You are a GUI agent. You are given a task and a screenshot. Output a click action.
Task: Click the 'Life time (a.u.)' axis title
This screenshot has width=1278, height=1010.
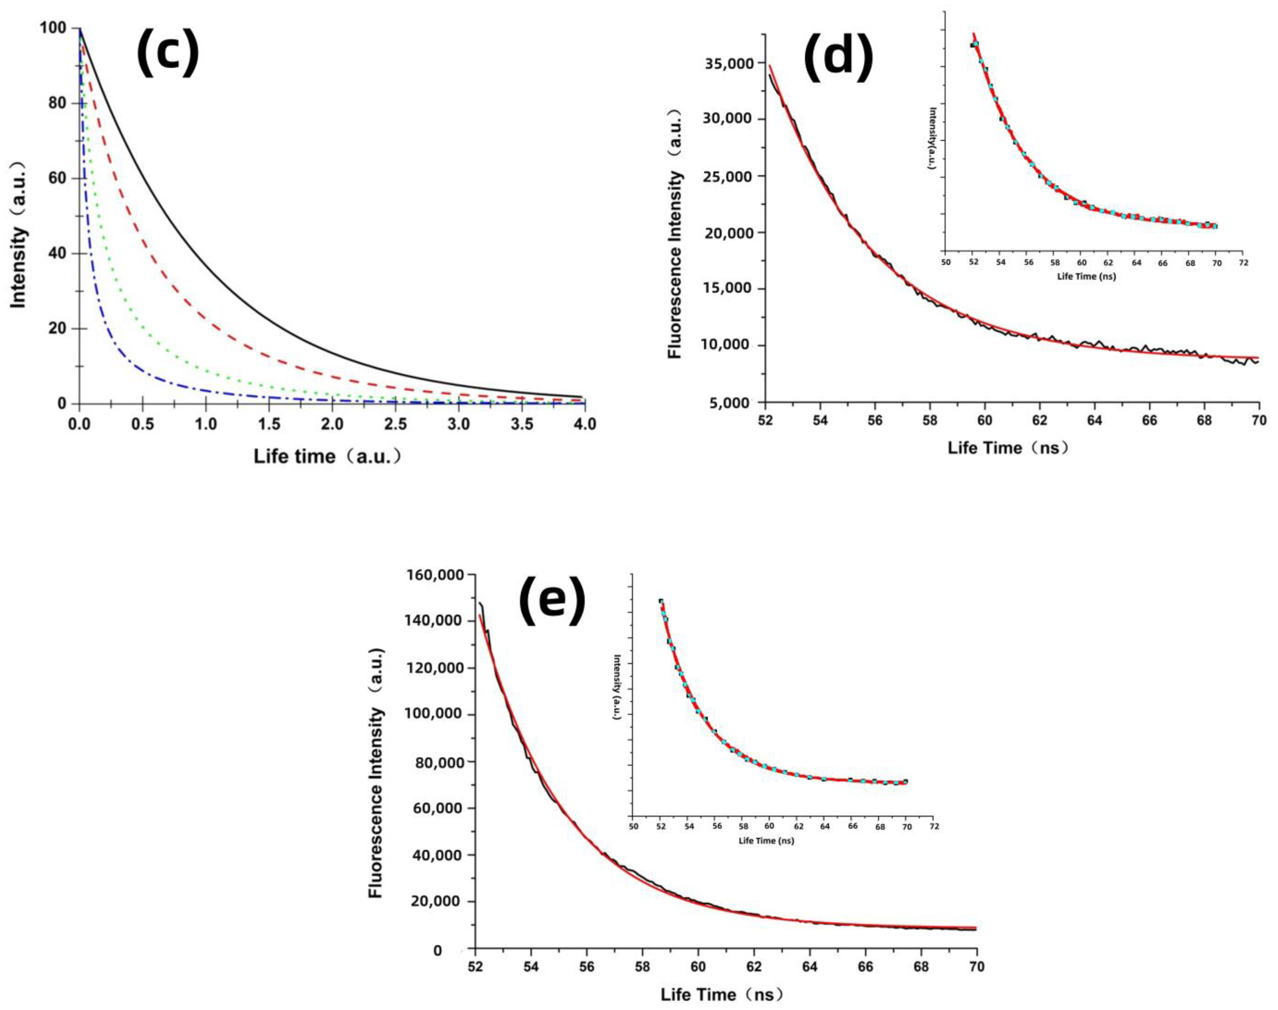point(327,457)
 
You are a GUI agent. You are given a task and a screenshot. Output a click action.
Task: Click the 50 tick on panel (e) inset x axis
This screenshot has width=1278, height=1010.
point(633,826)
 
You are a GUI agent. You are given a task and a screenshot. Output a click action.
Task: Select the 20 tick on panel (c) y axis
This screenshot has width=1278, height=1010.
point(57,329)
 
